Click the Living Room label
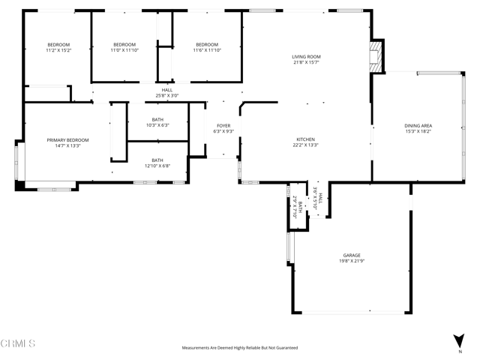pyautogui.click(x=306, y=57)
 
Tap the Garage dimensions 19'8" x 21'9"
pyautogui.click(x=352, y=261)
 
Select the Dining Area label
pyautogui.click(x=418, y=125)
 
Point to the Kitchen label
pyautogui.click(x=305, y=139)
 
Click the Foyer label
pyautogui.click(x=223, y=125)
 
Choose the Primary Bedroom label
pyautogui.click(x=67, y=140)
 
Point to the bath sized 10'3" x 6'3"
pyautogui.click(x=157, y=121)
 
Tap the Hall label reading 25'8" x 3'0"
pyautogui.click(x=166, y=93)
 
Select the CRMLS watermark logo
pyautogui.click(x=19, y=343)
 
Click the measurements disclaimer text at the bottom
pyautogui.click(x=240, y=348)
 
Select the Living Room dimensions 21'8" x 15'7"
pyautogui.click(x=306, y=63)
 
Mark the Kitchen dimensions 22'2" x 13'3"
pyautogui.click(x=305, y=145)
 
